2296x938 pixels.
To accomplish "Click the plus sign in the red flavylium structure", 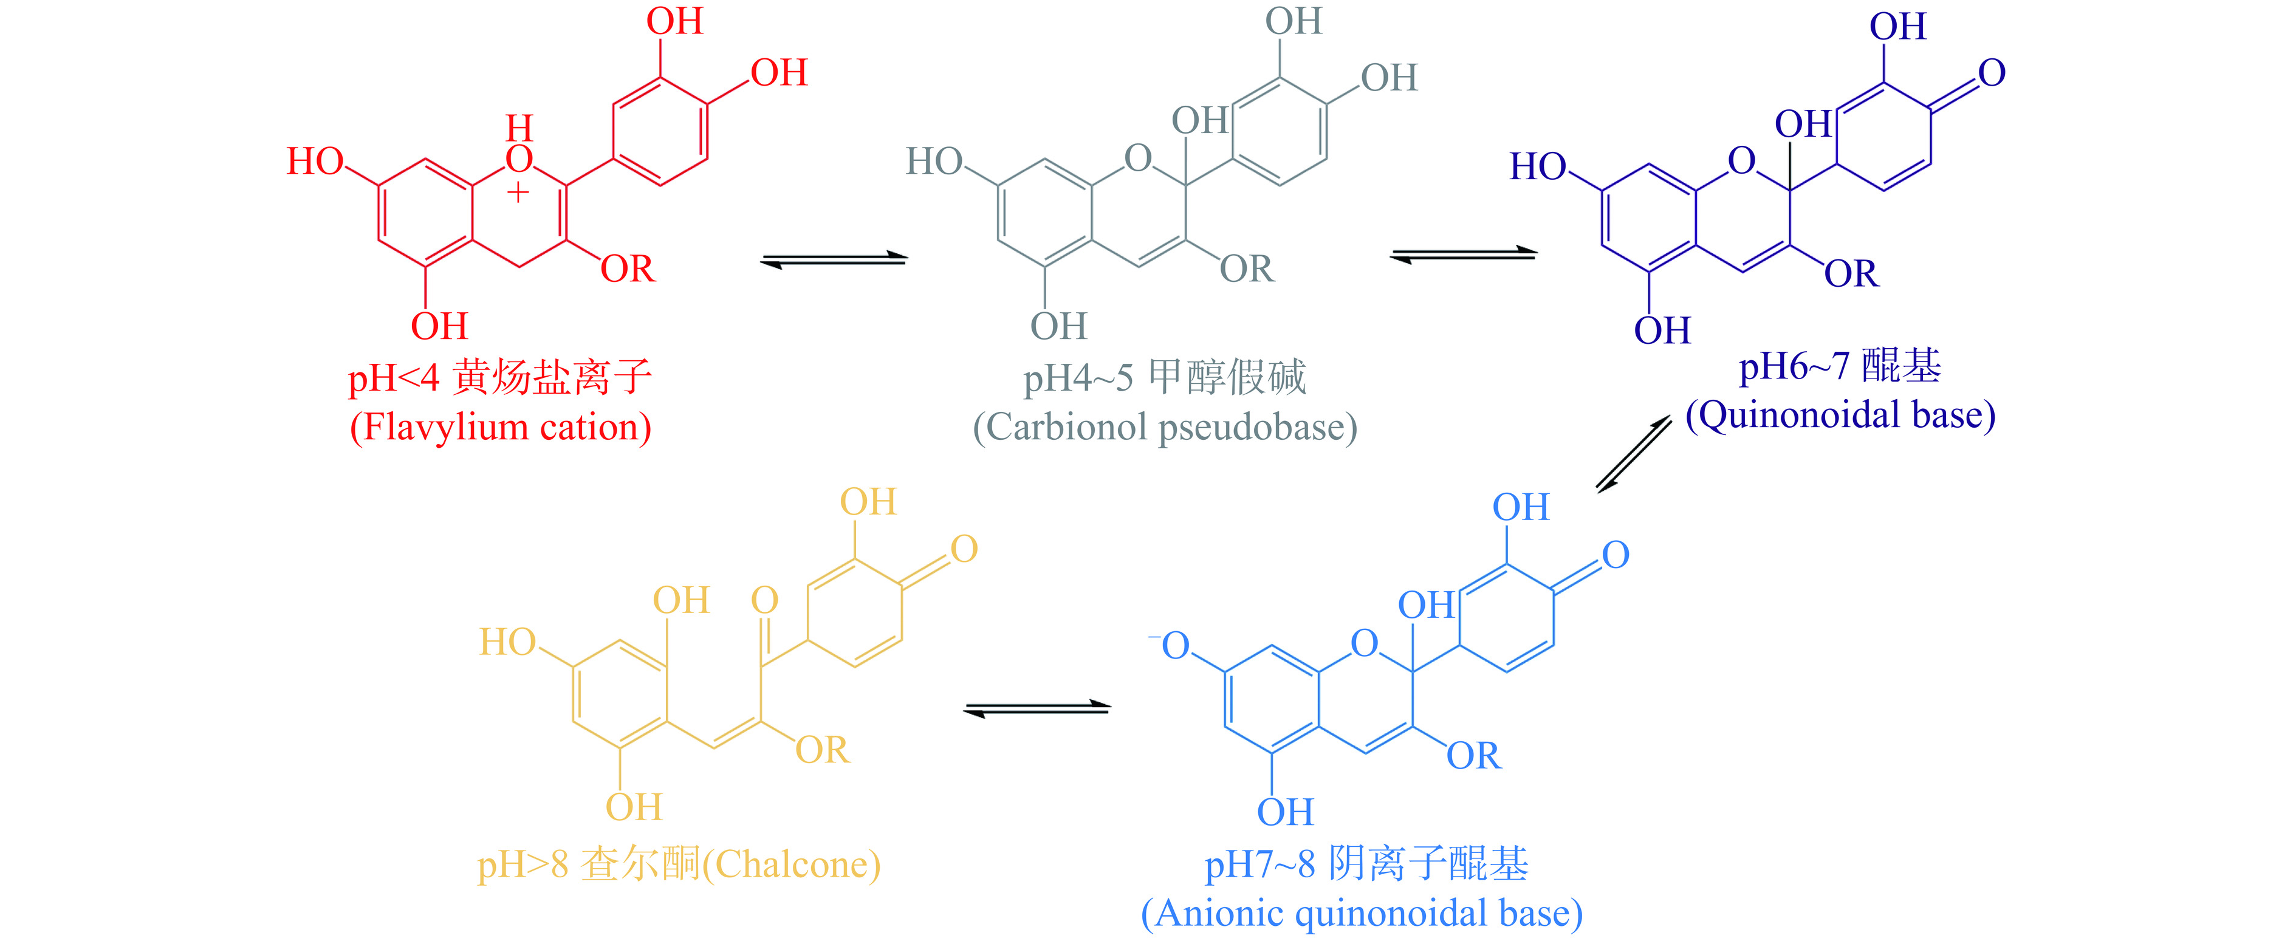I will tap(518, 192).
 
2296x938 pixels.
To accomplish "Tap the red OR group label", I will tap(628, 269).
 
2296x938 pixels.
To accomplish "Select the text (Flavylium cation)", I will tap(500, 427).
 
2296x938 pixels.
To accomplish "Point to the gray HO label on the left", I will tap(934, 162).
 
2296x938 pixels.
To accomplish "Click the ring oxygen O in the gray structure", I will tap(1137, 159).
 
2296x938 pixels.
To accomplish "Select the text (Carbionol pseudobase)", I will tap(1165, 427).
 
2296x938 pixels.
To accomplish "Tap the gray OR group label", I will tap(1247, 269).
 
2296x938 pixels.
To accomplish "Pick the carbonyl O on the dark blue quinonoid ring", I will tap(1991, 73).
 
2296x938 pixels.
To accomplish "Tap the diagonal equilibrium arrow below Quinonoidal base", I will tap(1634, 454).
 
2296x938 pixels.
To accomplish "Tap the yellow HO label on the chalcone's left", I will tap(507, 642).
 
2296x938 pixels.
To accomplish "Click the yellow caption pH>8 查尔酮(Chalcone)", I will tap(678, 864).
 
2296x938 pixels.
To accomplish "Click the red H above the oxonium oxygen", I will tap(519, 128).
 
